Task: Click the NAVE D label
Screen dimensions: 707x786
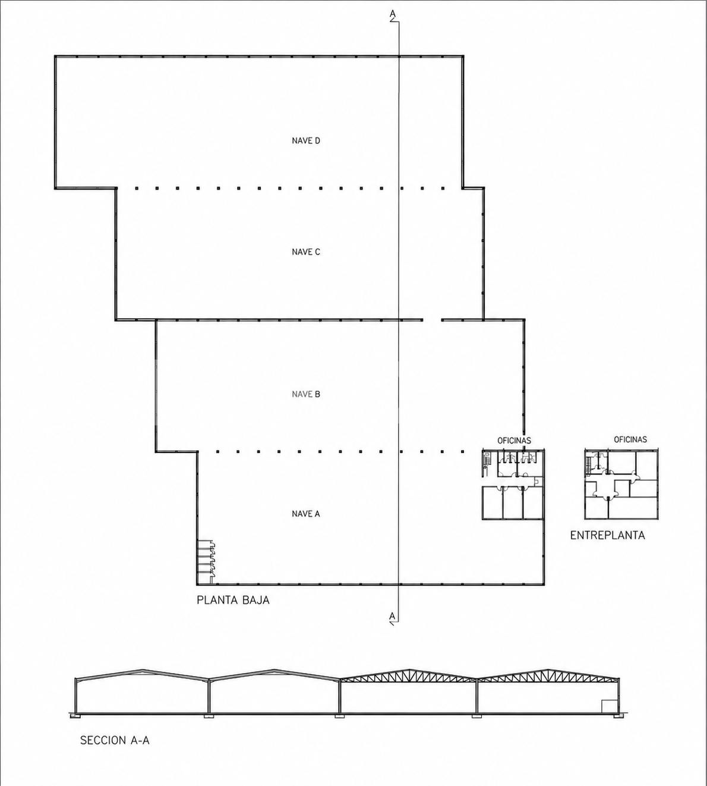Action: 306,140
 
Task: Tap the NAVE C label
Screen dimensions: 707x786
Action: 306,252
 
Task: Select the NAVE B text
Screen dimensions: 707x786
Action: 306,394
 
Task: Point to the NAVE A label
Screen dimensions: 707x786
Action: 306,514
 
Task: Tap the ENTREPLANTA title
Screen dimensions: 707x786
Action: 608,535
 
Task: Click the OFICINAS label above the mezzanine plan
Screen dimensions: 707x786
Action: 630,439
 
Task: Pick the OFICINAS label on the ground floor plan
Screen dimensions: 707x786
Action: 515,441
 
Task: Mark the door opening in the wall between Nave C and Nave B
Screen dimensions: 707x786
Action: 433,320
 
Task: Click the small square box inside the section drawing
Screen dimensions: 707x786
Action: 608,705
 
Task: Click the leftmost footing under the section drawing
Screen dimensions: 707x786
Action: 75,716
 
